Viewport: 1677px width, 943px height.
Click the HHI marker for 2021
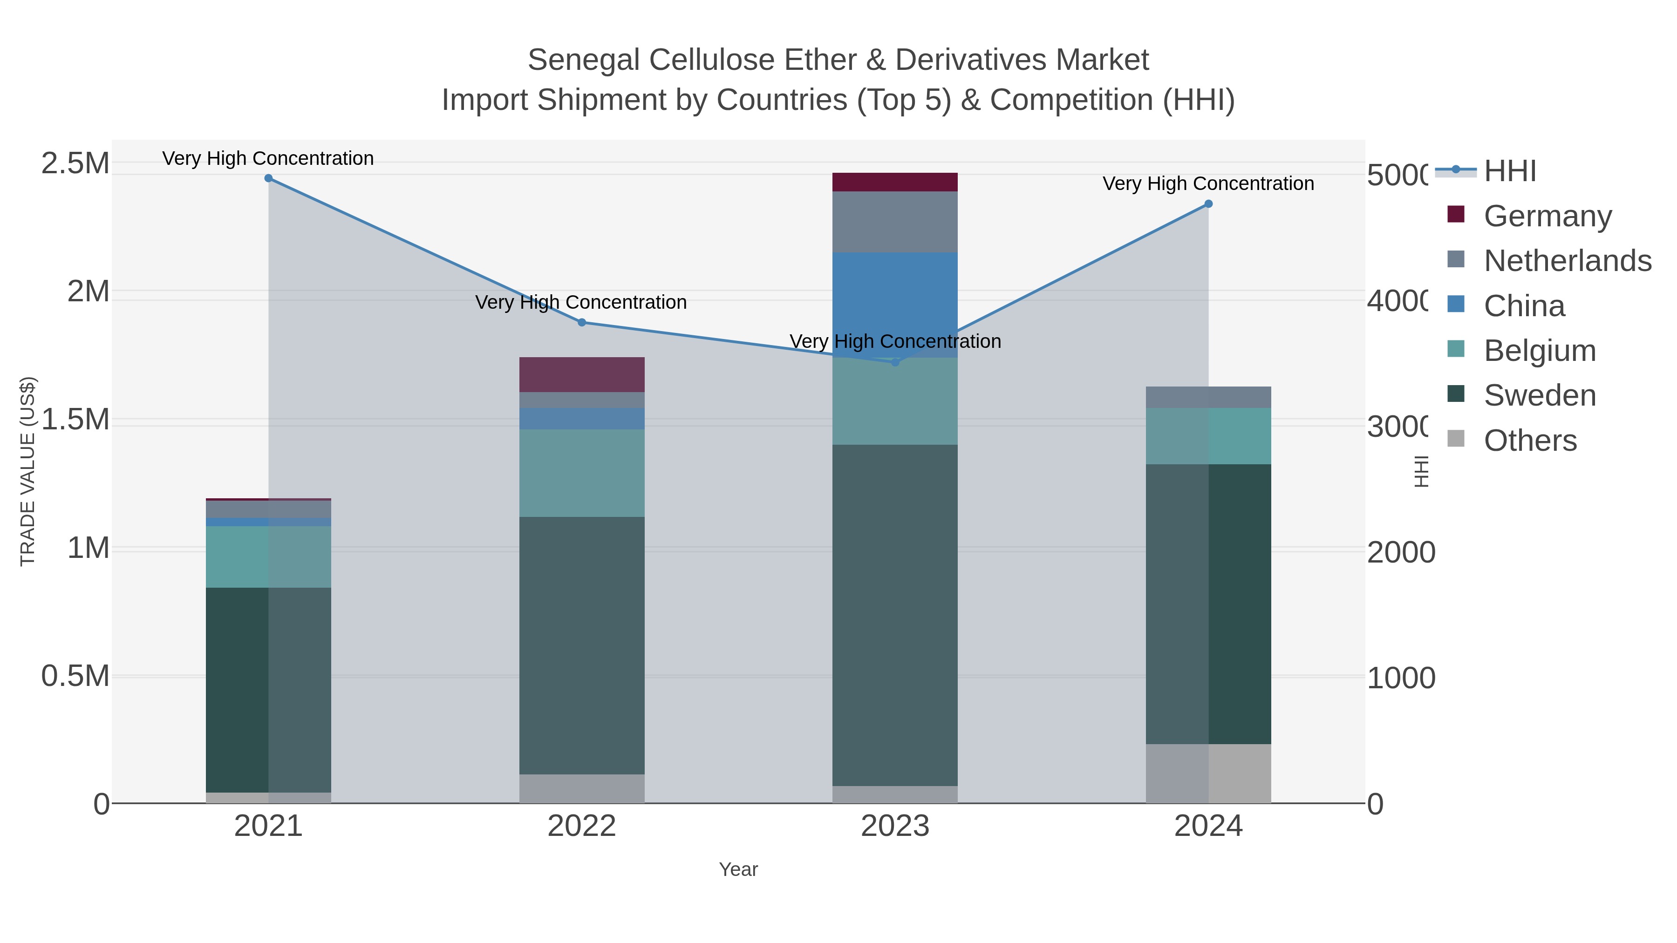[268, 178]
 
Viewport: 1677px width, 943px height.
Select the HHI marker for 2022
[582, 322]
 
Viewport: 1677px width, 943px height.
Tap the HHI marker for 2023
[895, 362]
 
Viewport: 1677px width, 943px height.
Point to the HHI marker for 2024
[1208, 204]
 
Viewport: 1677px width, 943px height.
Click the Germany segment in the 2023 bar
[895, 182]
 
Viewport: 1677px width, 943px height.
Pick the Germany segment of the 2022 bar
[582, 374]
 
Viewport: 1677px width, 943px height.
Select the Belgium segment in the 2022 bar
[582, 473]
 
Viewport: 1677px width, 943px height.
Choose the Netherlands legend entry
[1567, 260]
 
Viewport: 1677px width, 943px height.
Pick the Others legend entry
[1530, 441]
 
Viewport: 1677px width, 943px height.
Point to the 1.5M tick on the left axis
[75, 420]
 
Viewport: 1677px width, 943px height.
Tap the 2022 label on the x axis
[582, 827]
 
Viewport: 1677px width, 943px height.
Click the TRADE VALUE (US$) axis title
[27, 471]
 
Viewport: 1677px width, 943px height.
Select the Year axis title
[738, 869]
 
